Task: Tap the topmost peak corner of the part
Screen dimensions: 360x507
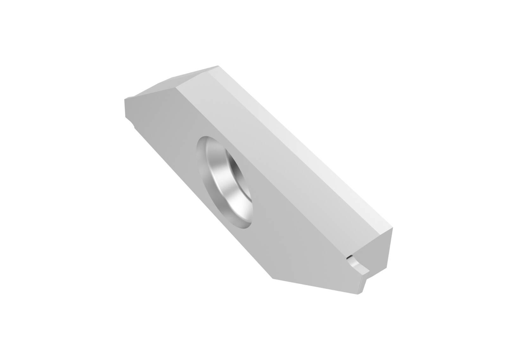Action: [218, 66]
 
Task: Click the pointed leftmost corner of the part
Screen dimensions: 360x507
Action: [125, 99]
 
